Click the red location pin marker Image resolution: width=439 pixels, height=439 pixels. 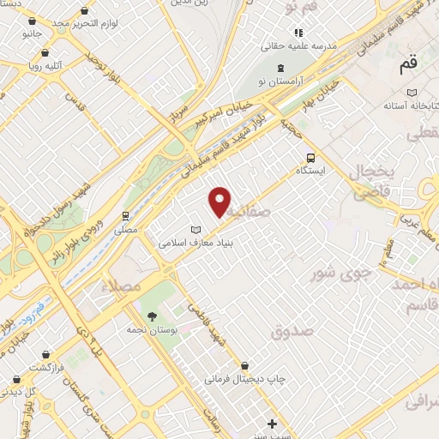coord(220,201)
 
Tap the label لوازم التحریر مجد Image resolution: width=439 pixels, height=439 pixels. coord(83,22)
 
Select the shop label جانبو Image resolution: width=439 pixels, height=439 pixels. coord(32,33)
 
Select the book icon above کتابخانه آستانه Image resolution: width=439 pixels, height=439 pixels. coord(412,92)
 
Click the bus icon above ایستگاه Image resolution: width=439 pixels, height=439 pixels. coord(310,158)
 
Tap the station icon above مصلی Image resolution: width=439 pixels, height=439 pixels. coord(125,215)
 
